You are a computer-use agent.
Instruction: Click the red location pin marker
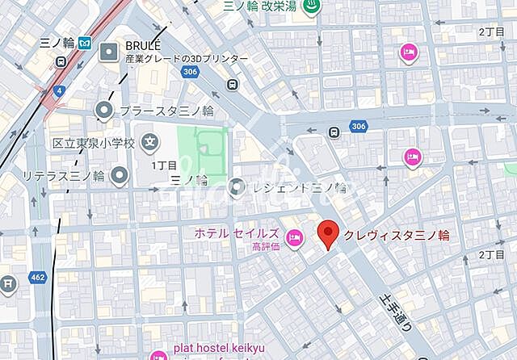[328, 234]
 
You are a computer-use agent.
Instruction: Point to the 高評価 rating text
[265, 247]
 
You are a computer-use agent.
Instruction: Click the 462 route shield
[36, 277]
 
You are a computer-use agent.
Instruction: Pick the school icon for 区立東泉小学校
[149, 143]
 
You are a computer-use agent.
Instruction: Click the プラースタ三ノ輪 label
[166, 110]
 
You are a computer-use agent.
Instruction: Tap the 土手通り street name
[397, 312]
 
